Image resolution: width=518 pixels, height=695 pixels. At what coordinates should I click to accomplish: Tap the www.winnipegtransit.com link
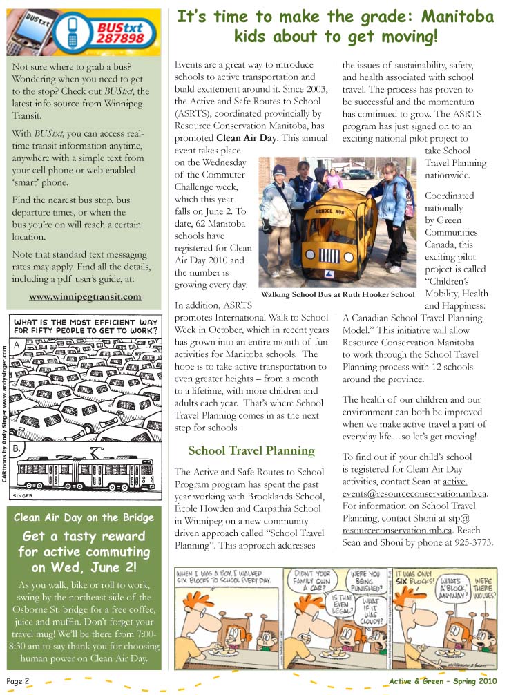pyautogui.click(x=86, y=296)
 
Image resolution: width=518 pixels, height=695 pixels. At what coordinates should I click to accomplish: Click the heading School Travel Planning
pyautogui.click(x=251, y=450)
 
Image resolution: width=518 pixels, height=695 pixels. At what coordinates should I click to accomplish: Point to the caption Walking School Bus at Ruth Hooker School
pyautogui.click(x=338, y=294)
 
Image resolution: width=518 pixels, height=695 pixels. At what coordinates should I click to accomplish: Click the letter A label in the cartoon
pyautogui.click(x=17, y=344)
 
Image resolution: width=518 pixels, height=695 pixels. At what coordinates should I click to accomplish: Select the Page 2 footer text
pyautogui.click(x=18, y=680)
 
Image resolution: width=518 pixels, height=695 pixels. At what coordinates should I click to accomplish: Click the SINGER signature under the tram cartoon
pyautogui.click(x=23, y=495)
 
